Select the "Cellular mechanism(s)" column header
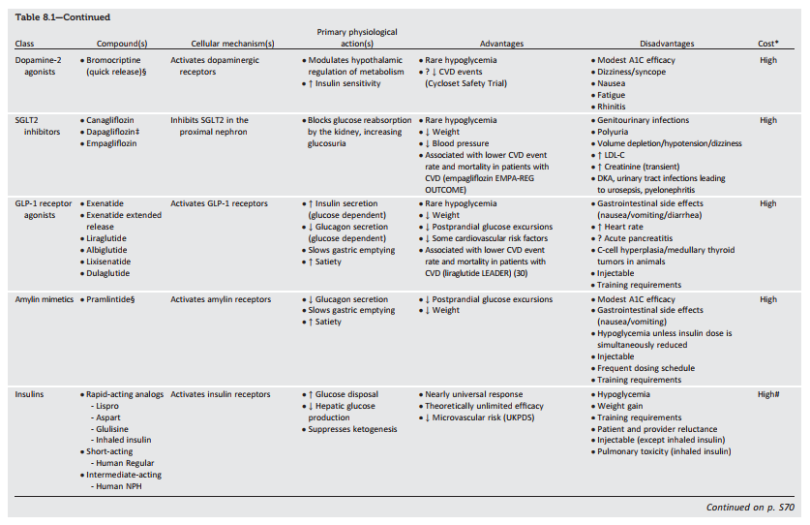click(223, 44)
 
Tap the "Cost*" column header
click(768, 44)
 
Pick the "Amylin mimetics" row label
click(44, 299)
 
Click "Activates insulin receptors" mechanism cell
click(220, 394)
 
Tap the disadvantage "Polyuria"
click(615, 132)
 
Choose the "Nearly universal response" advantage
click(474, 394)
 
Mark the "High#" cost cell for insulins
click(768, 394)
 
